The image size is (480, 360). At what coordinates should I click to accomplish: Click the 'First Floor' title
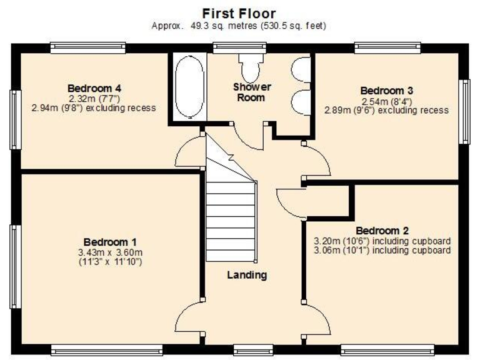pyautogui.click(x=239, y=13)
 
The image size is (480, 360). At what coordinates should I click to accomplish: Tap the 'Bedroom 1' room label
pyautogui.click(x=110, y=242)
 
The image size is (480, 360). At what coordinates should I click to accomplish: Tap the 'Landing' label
pyautogui.click(x=247, y=275)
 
